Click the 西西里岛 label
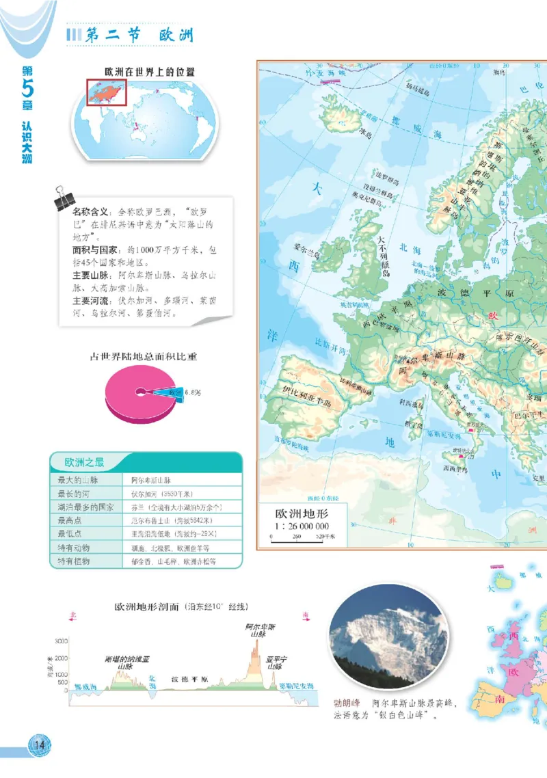[455, 468]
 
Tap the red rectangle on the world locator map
[106, 92]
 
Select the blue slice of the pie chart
[164, 392]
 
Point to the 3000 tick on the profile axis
[61, 641]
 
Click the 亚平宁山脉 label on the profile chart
[276, 662]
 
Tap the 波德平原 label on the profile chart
[189, 680]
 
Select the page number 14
[39, 745]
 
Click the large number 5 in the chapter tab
[27, 89]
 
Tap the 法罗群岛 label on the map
[385, 183]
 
